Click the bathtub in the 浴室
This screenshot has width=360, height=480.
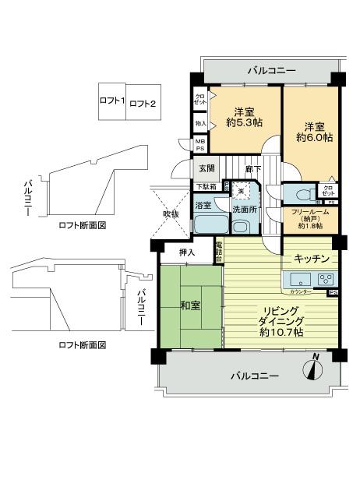[210, 224]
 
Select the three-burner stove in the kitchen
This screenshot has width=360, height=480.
[325, 279]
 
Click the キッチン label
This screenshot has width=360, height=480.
[312, 258]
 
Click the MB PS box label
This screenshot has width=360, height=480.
[200, 145]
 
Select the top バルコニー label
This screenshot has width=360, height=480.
[270, 71]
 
